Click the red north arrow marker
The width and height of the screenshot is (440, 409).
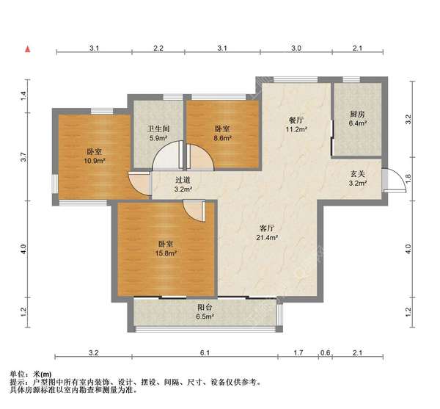pyautogui.click(x=28, y=49)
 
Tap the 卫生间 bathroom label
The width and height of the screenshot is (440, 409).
pyautogui.click(x=158, y=129)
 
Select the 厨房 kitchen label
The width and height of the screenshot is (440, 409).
pyautogui.click(x=357, y=114)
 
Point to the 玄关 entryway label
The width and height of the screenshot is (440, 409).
pyautogui.click(x=358, y=174)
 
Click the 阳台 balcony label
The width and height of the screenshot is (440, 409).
pyautogui.click(x=205, y=308)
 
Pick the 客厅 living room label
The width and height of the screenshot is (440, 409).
pyautogui.click(x=267, y=228)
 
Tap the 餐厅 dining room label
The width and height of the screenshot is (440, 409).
pyautogui.click(x=296, y=120)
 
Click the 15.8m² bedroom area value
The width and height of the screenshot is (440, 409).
pyautogui.click(x=166, y=253)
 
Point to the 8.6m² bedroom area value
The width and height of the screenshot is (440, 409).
pyautogui.click(x=222, y=138)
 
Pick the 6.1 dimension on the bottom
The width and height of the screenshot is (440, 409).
pyautogui.click(x=205, y=352)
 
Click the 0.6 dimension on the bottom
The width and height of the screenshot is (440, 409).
pyautogui.click(x=325, y=352)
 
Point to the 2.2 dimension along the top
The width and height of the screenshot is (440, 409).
pyautogui.click(x=158, y=48)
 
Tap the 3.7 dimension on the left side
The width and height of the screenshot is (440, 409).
pyautogui.click(x=23, y=156)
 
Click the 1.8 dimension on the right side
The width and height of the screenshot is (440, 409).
pyautogui.click(x=408, y=178)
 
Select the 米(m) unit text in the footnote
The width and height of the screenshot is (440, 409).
pyautogui.click(x=43, y=374)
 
